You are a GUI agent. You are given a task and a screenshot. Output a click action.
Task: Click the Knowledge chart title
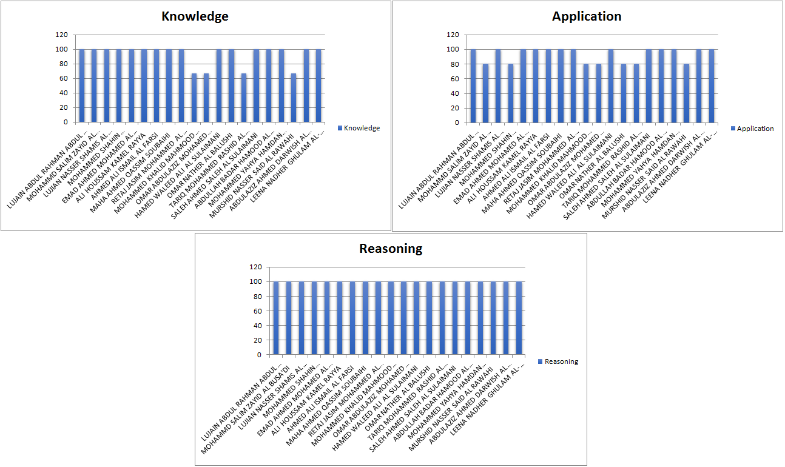(x=195, y=16)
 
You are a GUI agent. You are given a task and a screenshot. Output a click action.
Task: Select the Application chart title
(x=586, y=16)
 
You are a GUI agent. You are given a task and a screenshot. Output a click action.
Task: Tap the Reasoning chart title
(x=391, y=249)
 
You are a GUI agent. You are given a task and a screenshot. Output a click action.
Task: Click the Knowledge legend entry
(x=362, y=128)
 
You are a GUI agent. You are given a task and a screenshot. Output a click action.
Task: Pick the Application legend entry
(x=755, y=129)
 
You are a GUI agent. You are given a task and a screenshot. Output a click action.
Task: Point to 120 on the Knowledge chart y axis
(x=62, y=35)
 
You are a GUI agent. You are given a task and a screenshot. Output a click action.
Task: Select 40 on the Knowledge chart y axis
(x=64, y=93)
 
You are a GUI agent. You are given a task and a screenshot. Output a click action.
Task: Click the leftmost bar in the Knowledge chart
(x=82, y=86)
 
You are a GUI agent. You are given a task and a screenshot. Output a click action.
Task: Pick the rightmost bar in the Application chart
(x=711, y=86)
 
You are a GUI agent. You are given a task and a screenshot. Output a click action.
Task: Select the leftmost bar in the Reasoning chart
(x=276, y=318)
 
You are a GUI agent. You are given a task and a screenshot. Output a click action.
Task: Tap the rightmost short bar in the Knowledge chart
(x=294, y=98)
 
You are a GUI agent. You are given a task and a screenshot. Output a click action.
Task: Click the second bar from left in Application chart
(x=485, y=93)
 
